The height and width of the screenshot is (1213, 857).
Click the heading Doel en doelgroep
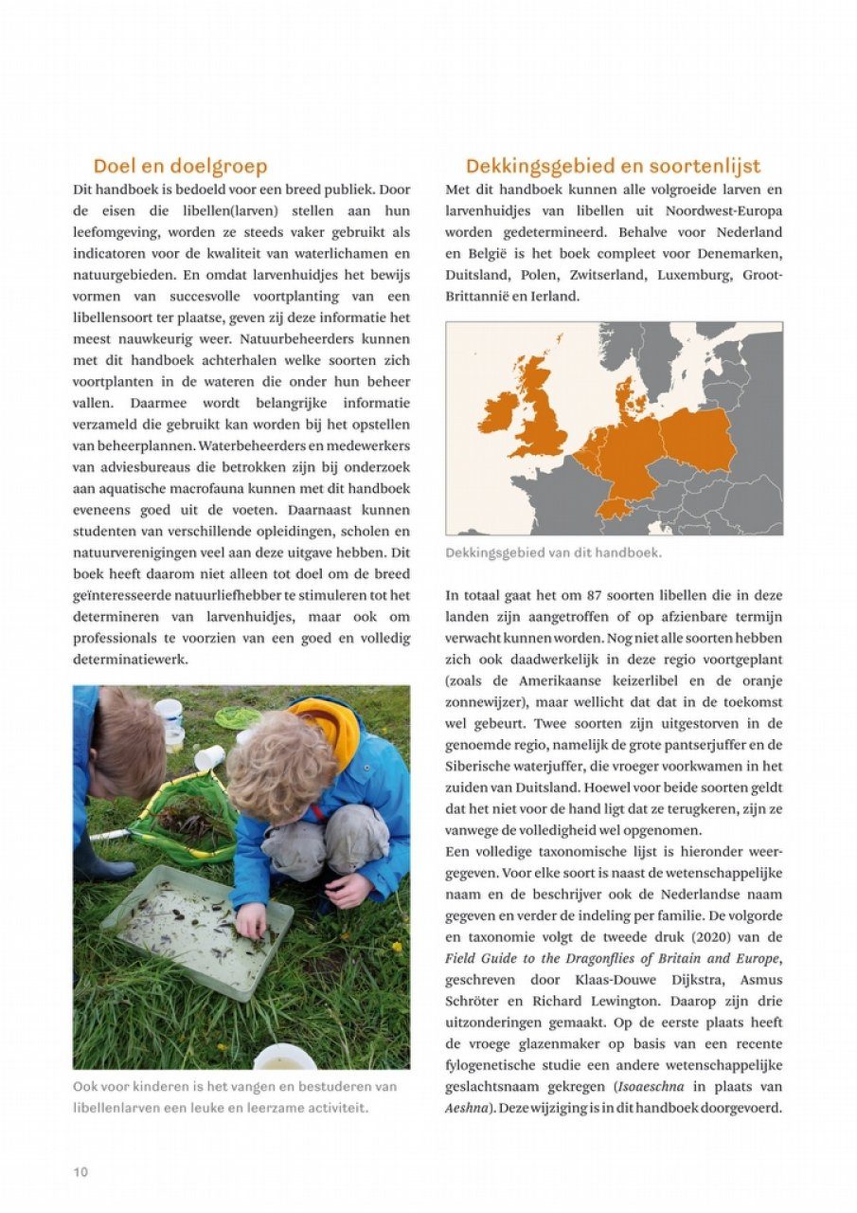[x=180, y=167]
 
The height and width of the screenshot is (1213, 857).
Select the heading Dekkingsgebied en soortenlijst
[x=613, y=167]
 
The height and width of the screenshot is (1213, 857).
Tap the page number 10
[x=80, y=1172]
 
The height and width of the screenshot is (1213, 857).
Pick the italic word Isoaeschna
[x=651, y=1086]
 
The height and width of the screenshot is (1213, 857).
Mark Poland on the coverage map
[x=697, y=439]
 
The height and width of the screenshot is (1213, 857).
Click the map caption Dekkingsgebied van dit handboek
[x=554, y=552]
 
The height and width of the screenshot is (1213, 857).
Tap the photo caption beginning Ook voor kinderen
[x=235, y=1096]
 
